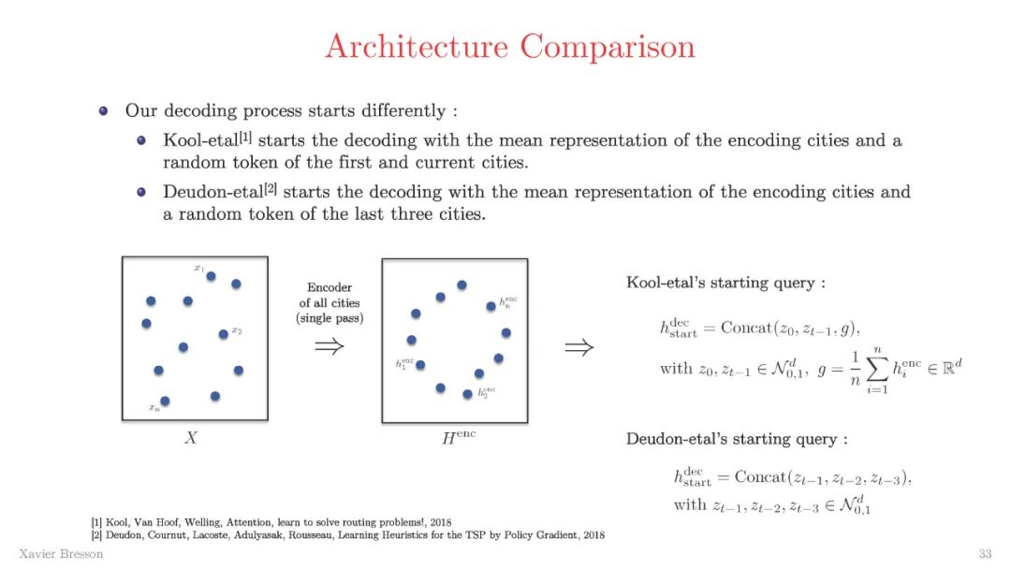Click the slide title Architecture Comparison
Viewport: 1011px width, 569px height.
(510, 46)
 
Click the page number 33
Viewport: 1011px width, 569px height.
(984, 554)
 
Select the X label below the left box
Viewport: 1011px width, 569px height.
(191, 437)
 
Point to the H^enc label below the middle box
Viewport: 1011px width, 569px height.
(459, 436)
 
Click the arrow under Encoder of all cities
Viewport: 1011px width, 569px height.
(329, 347)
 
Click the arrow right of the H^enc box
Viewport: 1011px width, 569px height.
(579, 348)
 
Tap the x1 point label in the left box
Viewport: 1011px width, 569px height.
(198, 269)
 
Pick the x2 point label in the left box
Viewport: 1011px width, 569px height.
(237, 330)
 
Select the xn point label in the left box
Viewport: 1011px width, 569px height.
(154, 407)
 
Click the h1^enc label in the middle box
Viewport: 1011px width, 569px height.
(403, 363)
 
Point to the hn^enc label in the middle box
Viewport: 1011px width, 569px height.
(508, 301)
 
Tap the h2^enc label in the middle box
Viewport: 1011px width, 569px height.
(487, 393)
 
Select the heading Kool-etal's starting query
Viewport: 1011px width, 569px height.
(725, 283)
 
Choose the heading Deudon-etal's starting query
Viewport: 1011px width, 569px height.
(738, 439)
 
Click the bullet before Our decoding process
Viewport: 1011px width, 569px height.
(104, 110)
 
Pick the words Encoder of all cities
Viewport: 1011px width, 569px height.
(329, 303)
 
